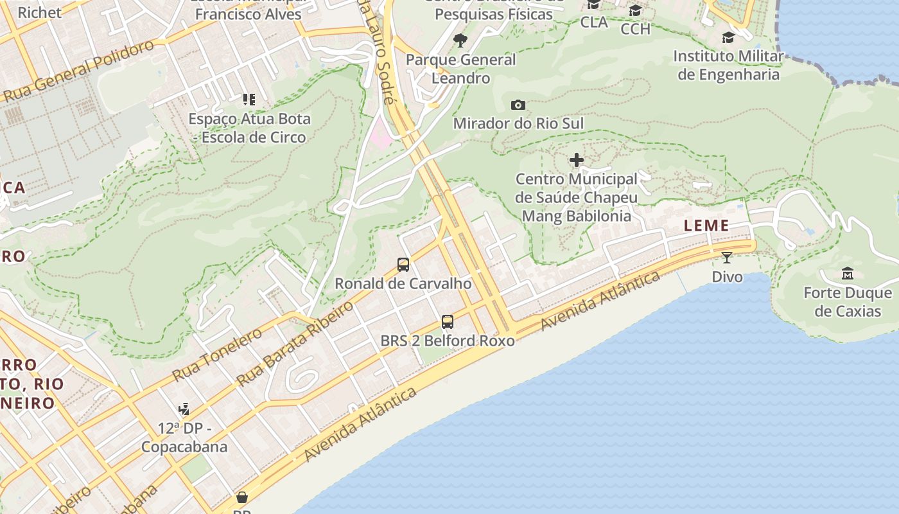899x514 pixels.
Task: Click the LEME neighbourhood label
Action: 706,226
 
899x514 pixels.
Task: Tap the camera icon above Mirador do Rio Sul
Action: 518,105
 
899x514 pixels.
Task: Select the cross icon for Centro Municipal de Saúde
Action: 577,160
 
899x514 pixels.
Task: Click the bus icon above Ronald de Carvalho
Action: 403,264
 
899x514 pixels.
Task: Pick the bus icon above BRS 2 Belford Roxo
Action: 448,322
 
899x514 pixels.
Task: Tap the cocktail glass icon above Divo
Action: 727,258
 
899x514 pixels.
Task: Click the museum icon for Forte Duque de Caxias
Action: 848,274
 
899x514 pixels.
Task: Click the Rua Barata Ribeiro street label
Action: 295,343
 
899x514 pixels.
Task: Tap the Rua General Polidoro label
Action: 80,70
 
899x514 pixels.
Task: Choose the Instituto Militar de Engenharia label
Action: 728,65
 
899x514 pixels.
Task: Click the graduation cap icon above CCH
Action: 635,11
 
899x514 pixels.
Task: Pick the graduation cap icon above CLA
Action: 593,5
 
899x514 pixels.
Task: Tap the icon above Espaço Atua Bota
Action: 249,100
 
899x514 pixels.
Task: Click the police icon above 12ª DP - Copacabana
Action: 184,409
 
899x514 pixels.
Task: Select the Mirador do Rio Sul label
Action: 518,123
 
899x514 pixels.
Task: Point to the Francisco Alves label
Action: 248,14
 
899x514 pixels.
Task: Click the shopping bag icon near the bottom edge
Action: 242,497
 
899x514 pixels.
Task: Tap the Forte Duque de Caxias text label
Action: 848,302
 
